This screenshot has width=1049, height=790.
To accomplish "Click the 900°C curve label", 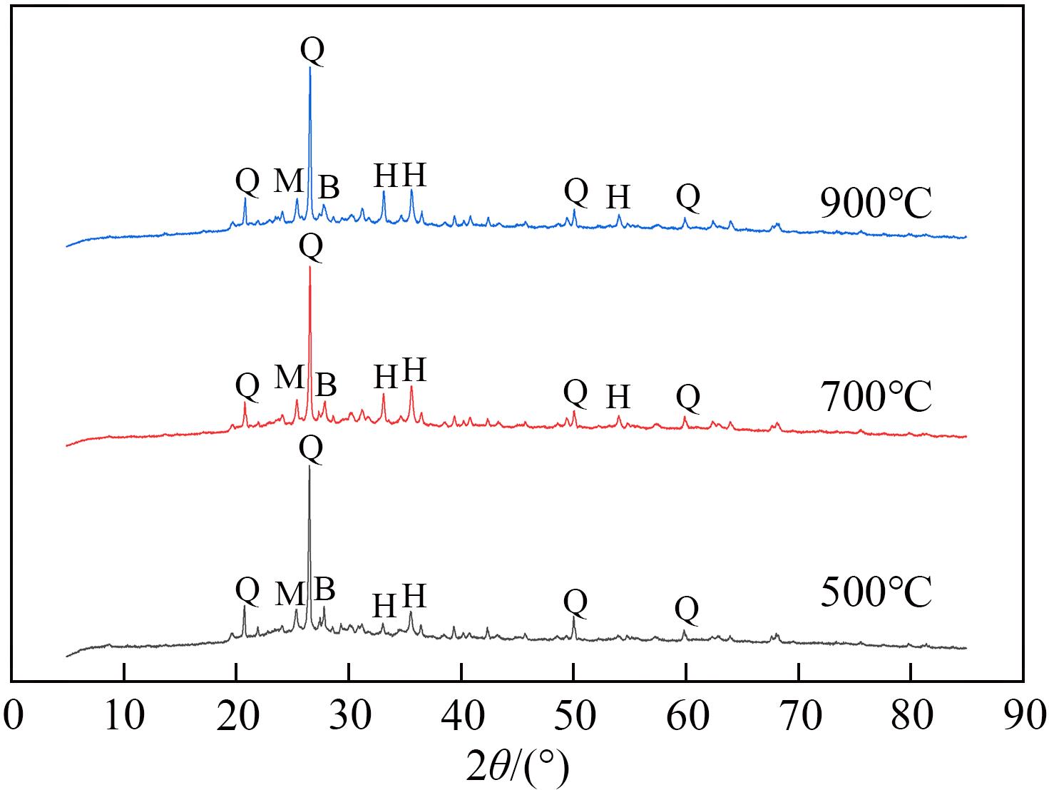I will pyautogui.click(x=876, y=204).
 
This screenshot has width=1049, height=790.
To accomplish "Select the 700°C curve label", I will pyautogui.click(x=876, y=397).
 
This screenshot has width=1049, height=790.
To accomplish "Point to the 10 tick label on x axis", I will pyautogui.click(x=124, y=716).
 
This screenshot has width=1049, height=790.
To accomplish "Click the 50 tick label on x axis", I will pyautogui.click(x=573, y=716).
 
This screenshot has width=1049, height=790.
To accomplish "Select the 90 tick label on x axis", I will pyautogui.click(x=1023, y=716).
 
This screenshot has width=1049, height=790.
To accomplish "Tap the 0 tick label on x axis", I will pyautogui.click(x=12, y=716).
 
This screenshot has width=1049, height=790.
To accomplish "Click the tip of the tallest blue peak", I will pyautogui.click(x=309, y=68).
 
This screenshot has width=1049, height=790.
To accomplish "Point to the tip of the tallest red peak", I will pyautogui.click(x=309, y=267).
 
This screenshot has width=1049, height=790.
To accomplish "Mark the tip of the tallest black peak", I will pyautogui.click(x=309, y=467).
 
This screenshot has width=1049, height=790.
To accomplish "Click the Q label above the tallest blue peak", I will pyautogui.click(x=312, y=50).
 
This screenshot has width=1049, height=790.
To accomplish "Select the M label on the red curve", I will pyautogui.click(x=289, y=377).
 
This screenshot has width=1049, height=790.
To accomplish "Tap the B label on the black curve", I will pyautogui.click(x=324, y=589).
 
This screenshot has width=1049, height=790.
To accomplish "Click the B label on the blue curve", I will pyautogui.click(x=329, y=188).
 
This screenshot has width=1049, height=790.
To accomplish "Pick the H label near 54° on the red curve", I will pyautogui.click(x=618, y=396).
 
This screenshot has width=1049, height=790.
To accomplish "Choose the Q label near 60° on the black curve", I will pyautogui.click(x=686, y=609).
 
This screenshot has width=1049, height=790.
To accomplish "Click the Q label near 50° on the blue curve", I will pyautogui.click(x=575, y=191).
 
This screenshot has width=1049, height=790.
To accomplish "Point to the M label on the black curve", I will pyautogui.click(x=289, y=593).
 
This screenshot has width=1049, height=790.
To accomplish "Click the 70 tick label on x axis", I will pyautogui.click(x=798, y=716).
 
